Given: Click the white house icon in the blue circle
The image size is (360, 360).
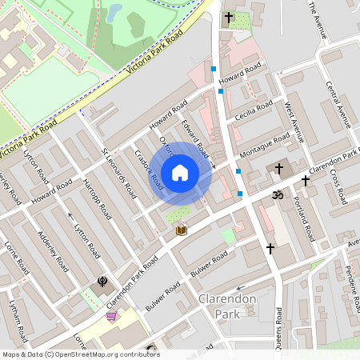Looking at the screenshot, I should tap(180, 172).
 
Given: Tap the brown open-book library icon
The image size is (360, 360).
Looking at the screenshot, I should tap(181, 230).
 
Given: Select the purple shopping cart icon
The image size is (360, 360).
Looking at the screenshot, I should tap(111, 316).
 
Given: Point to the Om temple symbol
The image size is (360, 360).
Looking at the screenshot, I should tap(279, 194).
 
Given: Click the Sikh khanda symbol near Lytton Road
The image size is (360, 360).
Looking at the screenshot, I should tap(102, 281).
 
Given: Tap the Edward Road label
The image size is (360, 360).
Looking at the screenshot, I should tap(194, 138).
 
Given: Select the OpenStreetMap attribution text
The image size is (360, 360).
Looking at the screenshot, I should tap(81, 354).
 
